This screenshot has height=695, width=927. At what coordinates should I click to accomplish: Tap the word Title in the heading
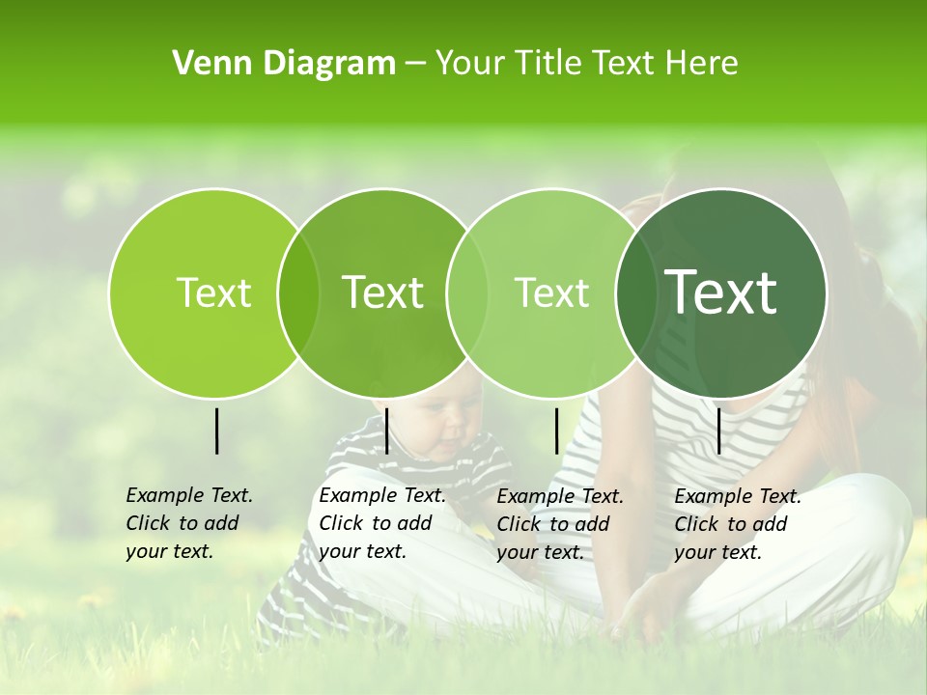pos(548,64)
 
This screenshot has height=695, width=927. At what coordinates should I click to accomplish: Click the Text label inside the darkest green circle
pos(721,292)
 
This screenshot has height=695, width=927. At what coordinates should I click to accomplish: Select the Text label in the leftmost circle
pos(213,292)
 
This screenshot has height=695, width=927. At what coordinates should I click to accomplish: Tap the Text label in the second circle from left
pos(383,292)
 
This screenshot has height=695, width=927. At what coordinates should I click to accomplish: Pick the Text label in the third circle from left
pos(551,292)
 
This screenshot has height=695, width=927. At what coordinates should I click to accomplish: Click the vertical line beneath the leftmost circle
pos(216,431)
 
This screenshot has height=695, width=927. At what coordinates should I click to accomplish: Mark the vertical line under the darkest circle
pos(719,431)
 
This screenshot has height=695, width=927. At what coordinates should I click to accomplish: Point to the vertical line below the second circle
pos(386,431)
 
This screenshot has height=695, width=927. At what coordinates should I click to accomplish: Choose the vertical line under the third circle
pos(556,431)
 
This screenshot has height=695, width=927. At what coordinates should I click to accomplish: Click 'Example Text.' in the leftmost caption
pos(189,495)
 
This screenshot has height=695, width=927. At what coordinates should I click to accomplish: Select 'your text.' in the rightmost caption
pos(718,552)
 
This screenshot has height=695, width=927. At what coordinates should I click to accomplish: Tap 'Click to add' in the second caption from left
pos(376,523)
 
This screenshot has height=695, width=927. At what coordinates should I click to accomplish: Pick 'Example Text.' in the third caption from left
pos(560,496)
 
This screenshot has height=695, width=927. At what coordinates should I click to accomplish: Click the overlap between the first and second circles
pos(298,292)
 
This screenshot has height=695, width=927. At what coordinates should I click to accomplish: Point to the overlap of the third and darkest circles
pos(636,292)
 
